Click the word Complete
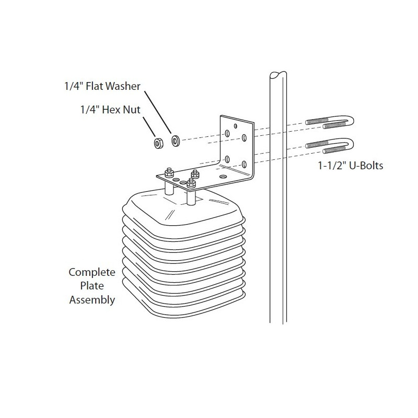[x=92, y=272]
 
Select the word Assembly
[x=92, y=300]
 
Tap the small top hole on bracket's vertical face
[x=236, y=126]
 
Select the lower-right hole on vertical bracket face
[x=244, y=164]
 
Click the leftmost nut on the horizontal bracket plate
[x=168, y=172]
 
